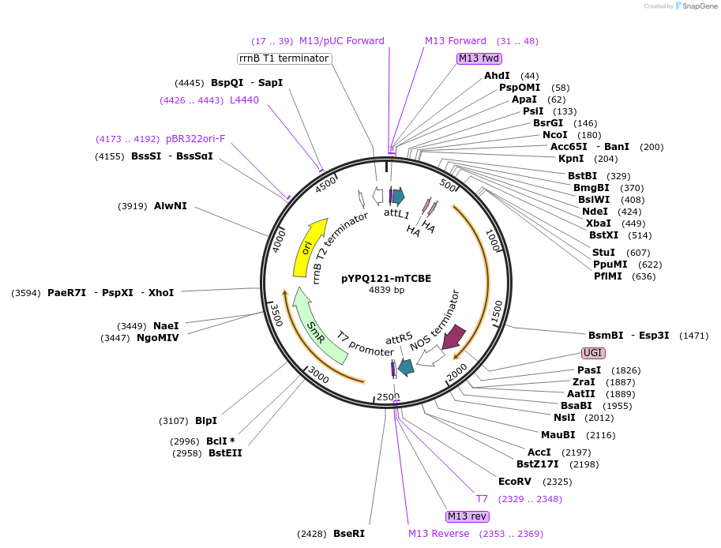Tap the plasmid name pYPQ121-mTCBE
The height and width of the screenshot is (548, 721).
386,278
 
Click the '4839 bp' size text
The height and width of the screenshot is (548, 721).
386,290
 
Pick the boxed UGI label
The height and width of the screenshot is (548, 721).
593,352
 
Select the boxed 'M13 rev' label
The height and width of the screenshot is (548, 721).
468,516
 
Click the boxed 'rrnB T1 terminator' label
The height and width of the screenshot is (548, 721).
284,58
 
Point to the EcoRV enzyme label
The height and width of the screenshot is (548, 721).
515,481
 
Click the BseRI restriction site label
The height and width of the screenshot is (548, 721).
349,534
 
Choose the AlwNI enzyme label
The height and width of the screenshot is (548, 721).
171,206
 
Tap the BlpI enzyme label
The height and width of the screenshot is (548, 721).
206,420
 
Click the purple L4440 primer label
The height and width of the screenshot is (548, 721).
244,100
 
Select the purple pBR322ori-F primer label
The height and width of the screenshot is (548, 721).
195,139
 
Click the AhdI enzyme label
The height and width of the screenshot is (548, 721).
497,76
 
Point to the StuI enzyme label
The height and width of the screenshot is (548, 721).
603,252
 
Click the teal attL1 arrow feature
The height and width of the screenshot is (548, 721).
398,197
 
